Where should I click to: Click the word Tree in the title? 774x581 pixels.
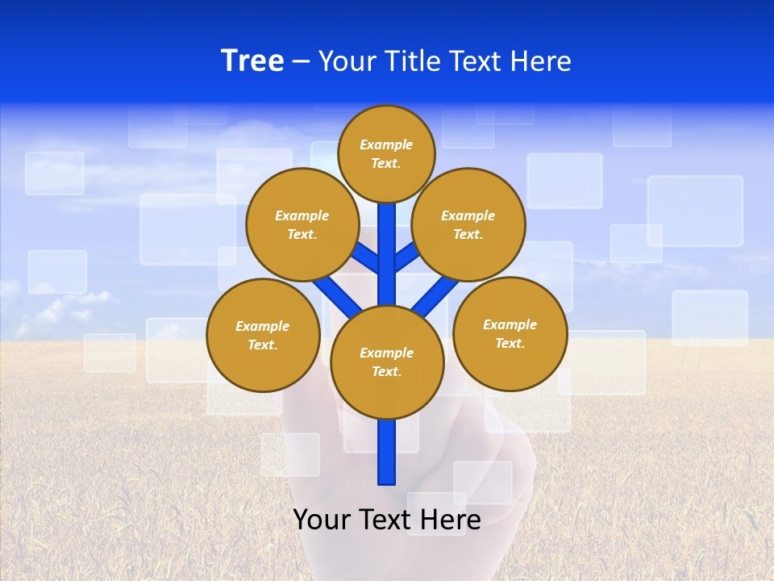click(x=252, y=61)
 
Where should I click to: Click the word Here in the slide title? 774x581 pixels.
click(x=541, y=61)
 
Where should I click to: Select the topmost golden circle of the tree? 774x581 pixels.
click(x=386, y=153)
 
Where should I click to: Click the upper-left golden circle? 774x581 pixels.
click(x=302, y=224)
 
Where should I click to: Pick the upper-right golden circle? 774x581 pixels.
click(x=468, y=224)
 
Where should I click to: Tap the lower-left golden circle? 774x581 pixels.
click(x=263, y=335)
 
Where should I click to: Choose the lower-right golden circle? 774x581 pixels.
click(x=510, y=333)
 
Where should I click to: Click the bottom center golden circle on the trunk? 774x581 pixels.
click(x=387, y=362)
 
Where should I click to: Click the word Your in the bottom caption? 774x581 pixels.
click(x=321, y=519)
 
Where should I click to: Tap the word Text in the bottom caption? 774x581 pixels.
click(x=385, y=519)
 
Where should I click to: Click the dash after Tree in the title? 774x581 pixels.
click(x=301, y=61)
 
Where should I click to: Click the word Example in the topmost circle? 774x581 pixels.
click(x=386, y=144)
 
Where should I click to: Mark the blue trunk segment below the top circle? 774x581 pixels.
click(x=387, y=242)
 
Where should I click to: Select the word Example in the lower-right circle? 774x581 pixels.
click(x=510, y=324)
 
